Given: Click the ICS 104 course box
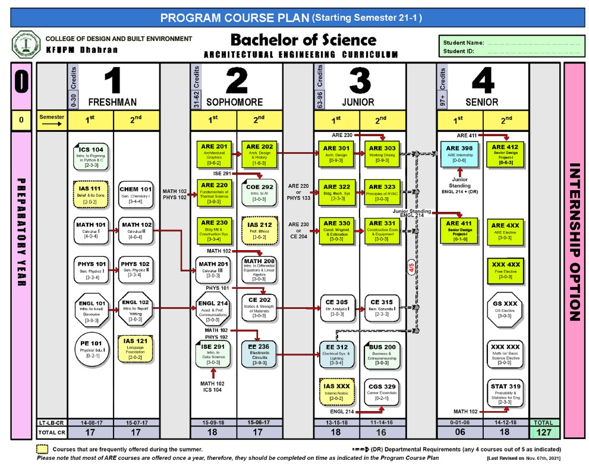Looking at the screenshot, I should tap(90, 155).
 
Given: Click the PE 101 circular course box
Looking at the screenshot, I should tap(91, 351).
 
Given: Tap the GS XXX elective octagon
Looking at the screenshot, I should tap(506, 309).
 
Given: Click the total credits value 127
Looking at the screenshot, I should tap(544, 432).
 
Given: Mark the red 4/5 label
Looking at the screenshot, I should tap(410, 269).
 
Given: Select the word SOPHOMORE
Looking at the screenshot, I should tap(229, 102).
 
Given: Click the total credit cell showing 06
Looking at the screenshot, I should tap(459, 432).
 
